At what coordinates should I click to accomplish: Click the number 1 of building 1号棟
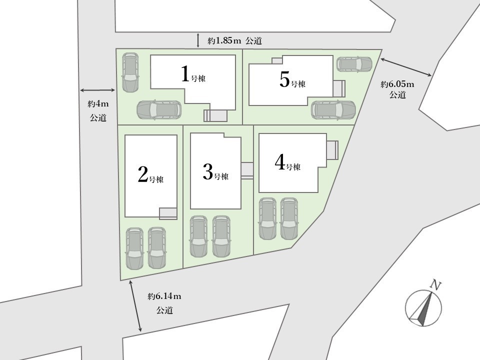185,74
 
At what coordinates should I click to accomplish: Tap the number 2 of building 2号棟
143,174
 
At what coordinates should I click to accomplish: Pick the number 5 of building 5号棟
284,80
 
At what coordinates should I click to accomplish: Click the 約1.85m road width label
224,40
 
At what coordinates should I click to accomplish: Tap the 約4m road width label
98,104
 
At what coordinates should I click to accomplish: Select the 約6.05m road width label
397,84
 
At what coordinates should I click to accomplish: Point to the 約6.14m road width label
164,296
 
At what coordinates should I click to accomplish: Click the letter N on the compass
435,285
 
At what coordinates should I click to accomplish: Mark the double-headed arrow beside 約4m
97,90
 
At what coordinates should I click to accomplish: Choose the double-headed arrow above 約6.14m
135,306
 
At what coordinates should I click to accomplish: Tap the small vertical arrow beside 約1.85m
198,40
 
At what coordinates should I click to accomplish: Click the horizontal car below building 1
159,109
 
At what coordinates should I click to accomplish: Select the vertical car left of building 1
130,72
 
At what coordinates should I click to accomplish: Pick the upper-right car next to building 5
354,63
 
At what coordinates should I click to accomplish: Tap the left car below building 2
134,248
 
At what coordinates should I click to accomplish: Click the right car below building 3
221,236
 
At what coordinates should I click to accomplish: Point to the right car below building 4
289,218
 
